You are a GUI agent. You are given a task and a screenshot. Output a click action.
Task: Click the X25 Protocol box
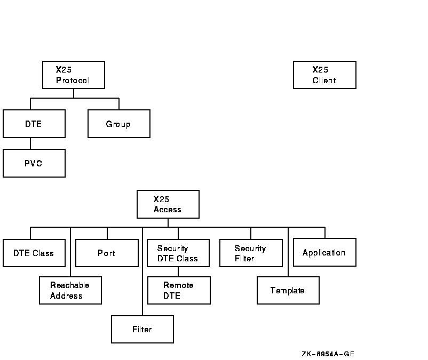tap(74, 75)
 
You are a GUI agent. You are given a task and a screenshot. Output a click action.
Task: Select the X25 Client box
tap(324, 75)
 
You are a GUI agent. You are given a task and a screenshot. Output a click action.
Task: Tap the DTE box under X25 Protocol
tap(34, 124)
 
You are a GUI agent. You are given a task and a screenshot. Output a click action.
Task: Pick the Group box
tap(119, 124)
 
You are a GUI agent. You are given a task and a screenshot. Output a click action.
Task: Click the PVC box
tap(34, 163)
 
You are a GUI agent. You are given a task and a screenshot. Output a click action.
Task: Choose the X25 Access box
tap(168, 204)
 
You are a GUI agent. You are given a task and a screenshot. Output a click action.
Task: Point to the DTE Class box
tap(34, 253)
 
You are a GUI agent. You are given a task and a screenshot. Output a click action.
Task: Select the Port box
tap(107, 253)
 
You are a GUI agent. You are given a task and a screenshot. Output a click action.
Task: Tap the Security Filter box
tap(251, 253)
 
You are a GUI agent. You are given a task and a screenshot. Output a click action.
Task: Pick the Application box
tap(324, 252)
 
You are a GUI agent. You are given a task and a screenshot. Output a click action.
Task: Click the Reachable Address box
tap(70, 290)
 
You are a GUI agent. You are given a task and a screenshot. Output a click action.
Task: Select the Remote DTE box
tap(179, 290)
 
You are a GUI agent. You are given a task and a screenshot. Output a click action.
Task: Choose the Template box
tap(288, 290)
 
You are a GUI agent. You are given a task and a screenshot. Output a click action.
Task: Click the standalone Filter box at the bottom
tap(142, 329)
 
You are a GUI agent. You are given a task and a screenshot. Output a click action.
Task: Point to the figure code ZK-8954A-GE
tap(328, 354)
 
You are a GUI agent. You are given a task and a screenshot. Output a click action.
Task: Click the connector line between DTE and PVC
tap(30, 143)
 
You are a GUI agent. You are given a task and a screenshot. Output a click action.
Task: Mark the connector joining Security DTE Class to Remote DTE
tap(179, 271)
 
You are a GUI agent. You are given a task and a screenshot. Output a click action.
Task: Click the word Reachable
tap(70, 285)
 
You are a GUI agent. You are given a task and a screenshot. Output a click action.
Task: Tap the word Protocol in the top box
tap(73, 81)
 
